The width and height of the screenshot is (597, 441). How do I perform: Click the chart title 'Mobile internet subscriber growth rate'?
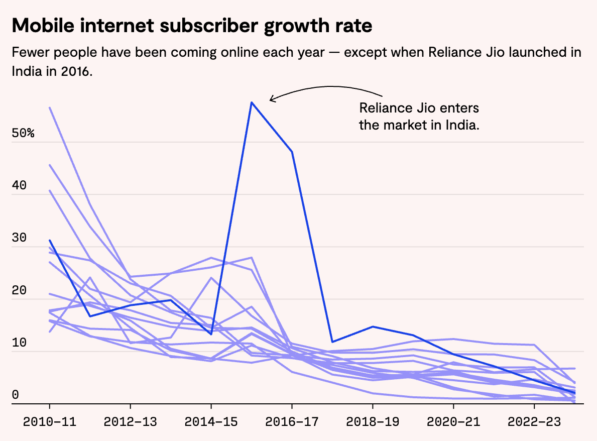coord(192,26)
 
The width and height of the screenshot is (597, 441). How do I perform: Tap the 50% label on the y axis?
coord(23,134)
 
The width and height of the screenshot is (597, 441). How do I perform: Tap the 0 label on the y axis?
coord(15,395)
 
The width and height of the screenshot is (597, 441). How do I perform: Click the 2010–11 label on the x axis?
coord(50,421)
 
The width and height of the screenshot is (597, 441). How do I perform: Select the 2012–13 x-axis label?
coord(131,421)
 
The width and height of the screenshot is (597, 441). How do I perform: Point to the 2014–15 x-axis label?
coord(211,421)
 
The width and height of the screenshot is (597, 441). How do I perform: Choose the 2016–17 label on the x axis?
coord(292,421)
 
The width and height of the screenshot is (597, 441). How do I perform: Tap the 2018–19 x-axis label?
coord(373,421)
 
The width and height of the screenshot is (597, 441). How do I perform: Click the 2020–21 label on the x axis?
coord(453,421)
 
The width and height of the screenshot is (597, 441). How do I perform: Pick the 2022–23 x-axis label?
coord(534,421)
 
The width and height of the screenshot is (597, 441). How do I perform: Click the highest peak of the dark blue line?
coord(252,102)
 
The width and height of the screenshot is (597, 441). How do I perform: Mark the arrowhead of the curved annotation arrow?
coord(271,99)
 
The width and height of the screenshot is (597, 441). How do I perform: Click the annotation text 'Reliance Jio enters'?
coord(419,108)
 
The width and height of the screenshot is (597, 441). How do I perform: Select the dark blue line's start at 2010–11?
coord(50,240)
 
